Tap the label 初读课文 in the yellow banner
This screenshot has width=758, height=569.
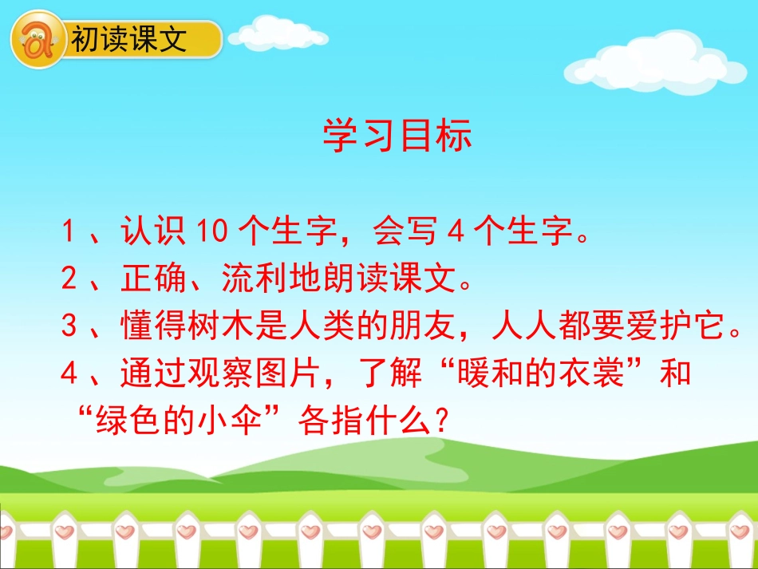tap(129, 39)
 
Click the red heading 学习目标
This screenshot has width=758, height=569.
tap(397, 136)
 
